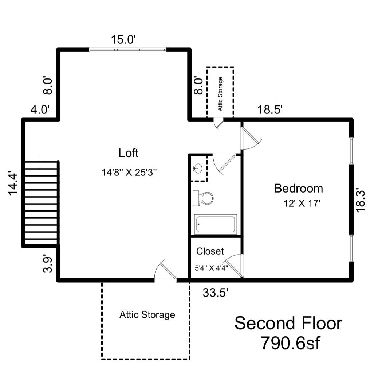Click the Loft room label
[x=129, y=153]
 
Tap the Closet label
[x=210, y=251]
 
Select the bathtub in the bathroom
[x=215, y=224]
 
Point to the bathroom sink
[x=198, y=168]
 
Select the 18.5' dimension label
[x=270, y=110]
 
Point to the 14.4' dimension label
[x=13, y=183]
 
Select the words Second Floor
[x=288, y=324]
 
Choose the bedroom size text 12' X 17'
[x=302, y=204]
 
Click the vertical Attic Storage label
[x=220, y=94]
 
